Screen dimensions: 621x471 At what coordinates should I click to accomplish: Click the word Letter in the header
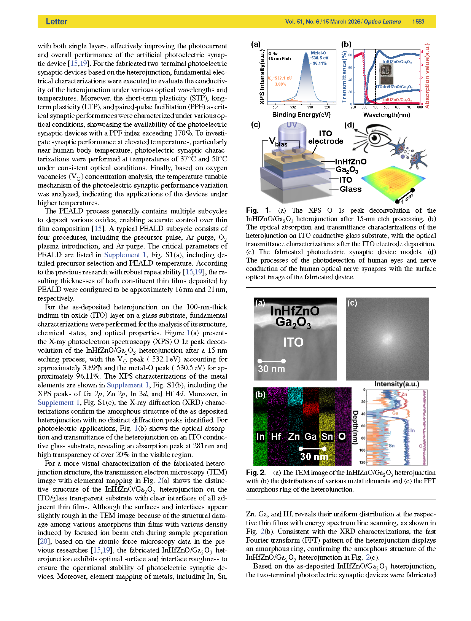[x=56, y=22]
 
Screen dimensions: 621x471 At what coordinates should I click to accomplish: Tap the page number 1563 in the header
[x=418, y=22]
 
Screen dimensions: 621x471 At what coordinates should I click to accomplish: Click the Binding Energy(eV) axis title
[x=301, y=115]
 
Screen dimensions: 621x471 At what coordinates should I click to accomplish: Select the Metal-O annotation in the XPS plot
[x=318, y=53]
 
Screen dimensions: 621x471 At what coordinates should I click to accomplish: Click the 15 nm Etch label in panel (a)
[x=279, y=59]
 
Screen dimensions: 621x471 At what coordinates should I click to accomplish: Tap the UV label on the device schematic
[x=291, y=125]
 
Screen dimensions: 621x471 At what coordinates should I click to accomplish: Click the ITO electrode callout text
[x=326, y=137]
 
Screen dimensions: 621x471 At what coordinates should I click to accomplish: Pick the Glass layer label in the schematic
[x=350, y=189]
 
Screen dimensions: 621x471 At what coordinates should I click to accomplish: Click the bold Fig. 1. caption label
[x=258, y=210]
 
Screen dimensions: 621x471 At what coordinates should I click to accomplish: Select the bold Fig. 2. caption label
[x=256, y=473]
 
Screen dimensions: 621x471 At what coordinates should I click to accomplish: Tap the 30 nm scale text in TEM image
[x=271, y=369]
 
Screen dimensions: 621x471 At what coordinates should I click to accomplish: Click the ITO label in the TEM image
[x=293, y=342]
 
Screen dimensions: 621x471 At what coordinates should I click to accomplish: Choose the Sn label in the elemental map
[x=327, y=436]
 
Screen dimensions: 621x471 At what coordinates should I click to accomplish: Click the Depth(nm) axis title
[x=355, y=427]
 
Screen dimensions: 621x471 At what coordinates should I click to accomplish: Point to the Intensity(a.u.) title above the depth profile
[x=396, y=384]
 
